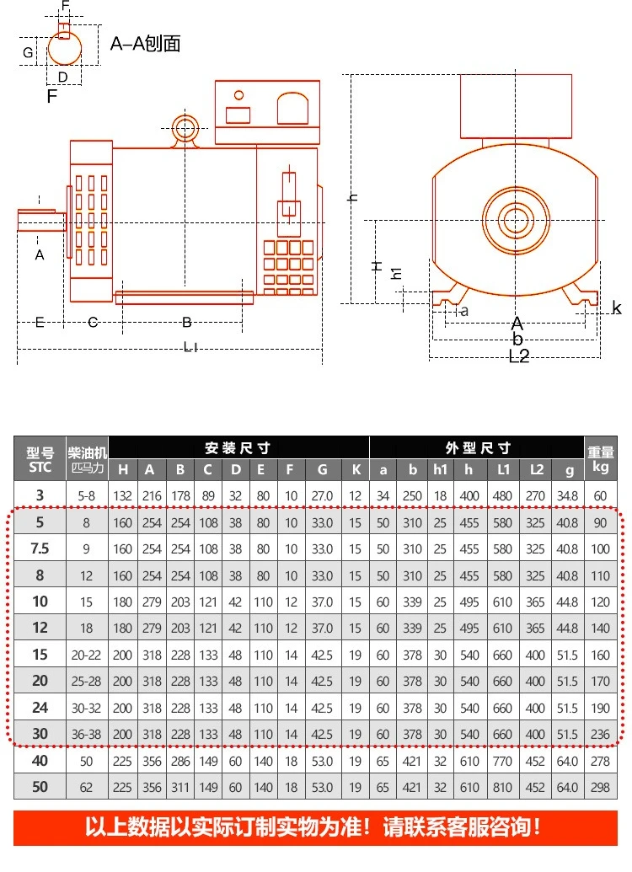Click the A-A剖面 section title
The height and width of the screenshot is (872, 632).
(145, 43)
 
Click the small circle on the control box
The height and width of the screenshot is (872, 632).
(239, 95)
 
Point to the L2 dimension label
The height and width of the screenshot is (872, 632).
(519, 356)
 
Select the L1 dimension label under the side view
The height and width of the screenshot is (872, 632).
(190, 348)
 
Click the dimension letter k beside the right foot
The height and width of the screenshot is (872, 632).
(617, 308)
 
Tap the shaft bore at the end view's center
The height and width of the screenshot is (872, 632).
(515, 220)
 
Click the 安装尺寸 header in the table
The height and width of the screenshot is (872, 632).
(238, 447)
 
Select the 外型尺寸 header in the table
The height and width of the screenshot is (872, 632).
(478, 447)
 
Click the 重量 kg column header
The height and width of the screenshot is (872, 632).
(600, 459)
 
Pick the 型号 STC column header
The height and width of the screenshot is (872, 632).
(40, 460)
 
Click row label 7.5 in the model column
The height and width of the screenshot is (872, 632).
(40, 548)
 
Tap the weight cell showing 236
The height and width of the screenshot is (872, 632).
(600, 735)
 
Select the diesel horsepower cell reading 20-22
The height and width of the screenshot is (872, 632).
(86, 655)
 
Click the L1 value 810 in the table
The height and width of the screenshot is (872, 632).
(502, 788)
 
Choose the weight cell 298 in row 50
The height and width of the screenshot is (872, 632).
(600, 788)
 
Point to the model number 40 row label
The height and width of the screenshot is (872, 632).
(40, 761)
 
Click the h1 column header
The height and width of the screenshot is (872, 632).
(440, 470)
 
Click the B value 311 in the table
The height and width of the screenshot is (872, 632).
(180, 788)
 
